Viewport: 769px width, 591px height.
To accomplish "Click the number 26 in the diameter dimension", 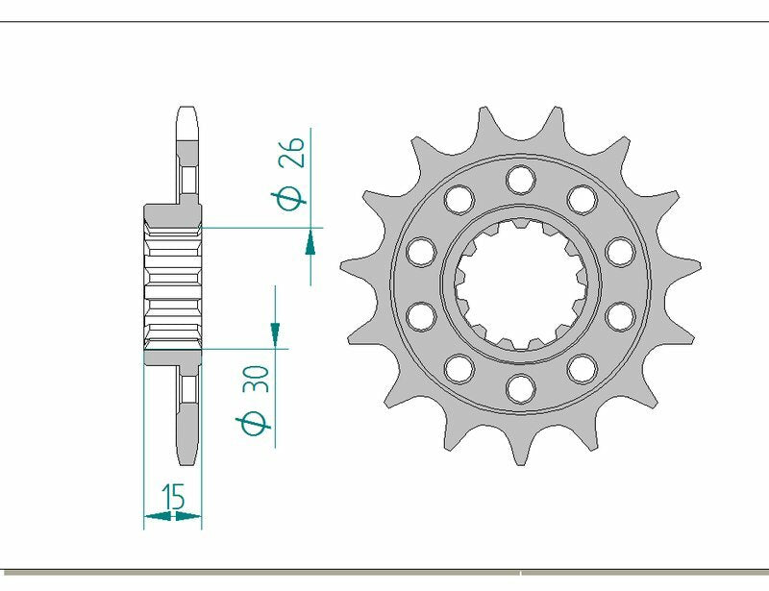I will point(292,151).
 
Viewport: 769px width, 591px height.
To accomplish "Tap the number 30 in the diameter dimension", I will point(255,379).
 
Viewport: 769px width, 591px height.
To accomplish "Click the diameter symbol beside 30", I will point(255,423).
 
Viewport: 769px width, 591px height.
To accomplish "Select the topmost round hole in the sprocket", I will point(520,178).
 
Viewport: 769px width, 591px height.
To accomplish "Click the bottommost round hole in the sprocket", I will point(520,387).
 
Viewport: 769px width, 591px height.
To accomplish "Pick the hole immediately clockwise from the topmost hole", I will point(582,199).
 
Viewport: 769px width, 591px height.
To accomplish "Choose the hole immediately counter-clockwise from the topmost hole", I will point(459,199).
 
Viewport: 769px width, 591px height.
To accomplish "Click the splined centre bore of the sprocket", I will point(520,283).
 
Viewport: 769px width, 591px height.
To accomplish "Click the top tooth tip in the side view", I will point(187,111).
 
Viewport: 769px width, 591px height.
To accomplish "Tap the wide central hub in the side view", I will point(173,283).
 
